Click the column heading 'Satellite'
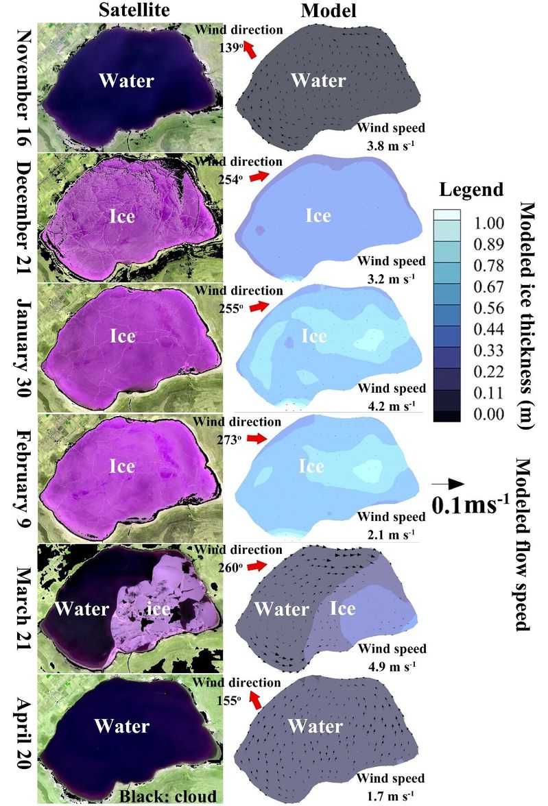134,10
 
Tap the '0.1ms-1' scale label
470,506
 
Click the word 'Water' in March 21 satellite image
81,608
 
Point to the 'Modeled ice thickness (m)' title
527,315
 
